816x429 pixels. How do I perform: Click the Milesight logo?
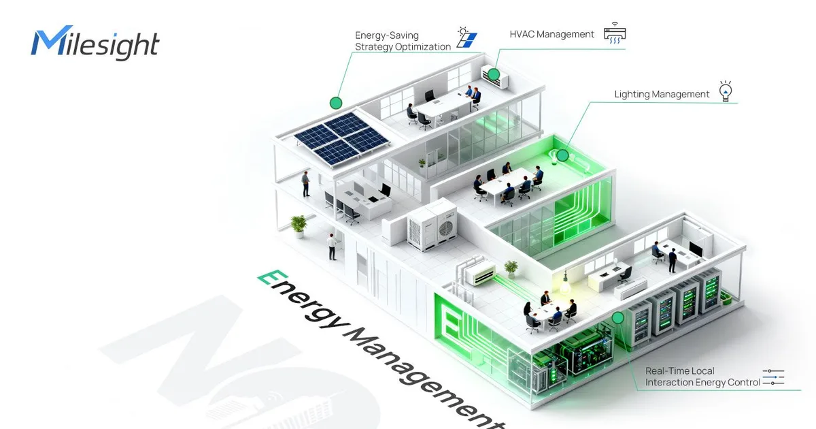click(95, 42)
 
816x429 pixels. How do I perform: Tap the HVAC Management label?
click(551, 34)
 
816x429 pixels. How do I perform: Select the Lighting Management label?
click(662, 94)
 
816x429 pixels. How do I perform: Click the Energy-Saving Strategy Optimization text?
click(403, 41)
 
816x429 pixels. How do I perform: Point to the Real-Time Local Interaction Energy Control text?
click(702, 377)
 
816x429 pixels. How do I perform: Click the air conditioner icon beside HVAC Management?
click(615, 33)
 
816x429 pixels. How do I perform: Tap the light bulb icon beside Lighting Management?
click(726, 91)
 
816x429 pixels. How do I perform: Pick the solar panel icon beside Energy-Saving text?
click(466, 37)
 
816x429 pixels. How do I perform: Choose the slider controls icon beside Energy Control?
click(773, 377)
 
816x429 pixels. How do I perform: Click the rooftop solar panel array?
click(341, 139)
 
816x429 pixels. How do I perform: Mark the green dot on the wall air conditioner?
click(494, 74)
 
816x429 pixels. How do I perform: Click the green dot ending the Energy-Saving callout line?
click(336, 103)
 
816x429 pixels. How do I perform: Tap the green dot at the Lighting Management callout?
click(562, 155)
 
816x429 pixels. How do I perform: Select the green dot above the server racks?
click(618, 318)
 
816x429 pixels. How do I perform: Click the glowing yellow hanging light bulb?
click(565, 285)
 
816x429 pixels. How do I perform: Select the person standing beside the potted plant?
click(332, 247)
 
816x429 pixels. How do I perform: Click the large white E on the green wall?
click(450, 321)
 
